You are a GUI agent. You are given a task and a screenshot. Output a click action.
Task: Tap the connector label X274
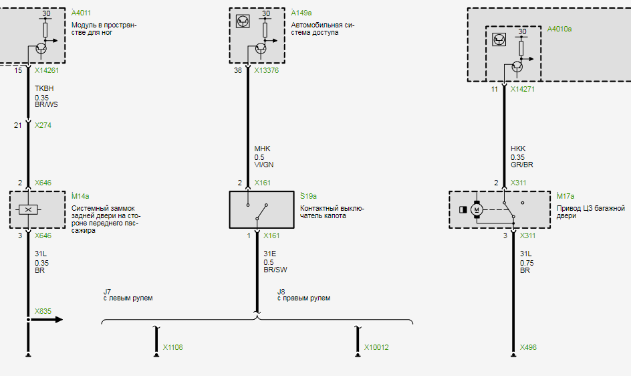(x=43, y=125)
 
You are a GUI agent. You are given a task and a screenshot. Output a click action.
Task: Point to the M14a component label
(x=81, y=196)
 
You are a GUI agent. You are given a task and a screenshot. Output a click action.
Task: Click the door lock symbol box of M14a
(x=28, y=209)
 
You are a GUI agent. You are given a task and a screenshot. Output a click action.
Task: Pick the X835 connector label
(x=43, y=311)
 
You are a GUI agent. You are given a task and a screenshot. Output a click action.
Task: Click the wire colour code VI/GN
(x=264, y=165)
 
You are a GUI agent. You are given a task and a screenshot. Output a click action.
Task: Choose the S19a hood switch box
(x=261, y=209)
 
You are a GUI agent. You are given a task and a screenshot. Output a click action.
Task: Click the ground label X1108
(x=172, y=348)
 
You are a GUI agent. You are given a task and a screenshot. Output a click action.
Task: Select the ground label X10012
(x=376, y=348)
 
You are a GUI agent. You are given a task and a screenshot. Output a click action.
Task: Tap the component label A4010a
(x=559, y=29)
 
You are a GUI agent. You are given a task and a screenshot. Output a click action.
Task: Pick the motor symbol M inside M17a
(x=477, y=209)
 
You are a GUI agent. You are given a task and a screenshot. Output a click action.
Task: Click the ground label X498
(x=528, y=348)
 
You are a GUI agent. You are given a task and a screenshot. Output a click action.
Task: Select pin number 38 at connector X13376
(x=238, y=70)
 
